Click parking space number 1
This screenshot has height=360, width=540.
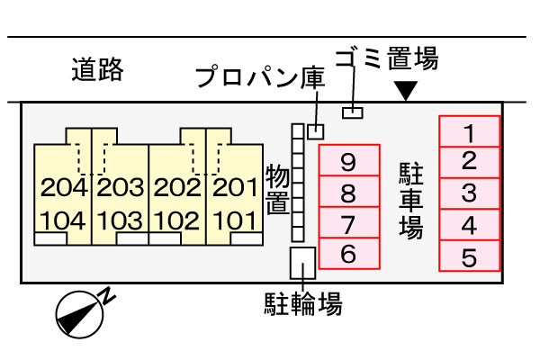(470, 131)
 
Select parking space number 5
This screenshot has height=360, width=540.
(470, 256)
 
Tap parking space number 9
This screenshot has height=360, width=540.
(349, 160)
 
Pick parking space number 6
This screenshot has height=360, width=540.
(349, 253)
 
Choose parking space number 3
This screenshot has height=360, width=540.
(470, 193)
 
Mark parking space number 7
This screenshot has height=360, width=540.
(349, 222)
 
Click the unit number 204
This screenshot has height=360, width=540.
(64, 188)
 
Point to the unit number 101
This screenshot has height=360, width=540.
(236, 220)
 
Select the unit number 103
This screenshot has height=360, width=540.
(120, 220)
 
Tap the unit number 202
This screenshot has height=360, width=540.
(177, 188)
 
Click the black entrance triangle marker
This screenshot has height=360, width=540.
(407, 91)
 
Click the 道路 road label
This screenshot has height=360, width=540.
(97, 69)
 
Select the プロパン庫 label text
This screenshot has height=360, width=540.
(260, 77)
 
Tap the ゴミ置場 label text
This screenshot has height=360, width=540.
(387, 58)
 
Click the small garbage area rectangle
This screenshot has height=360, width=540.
(353, 112)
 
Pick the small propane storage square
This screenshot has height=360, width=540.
(316, 131)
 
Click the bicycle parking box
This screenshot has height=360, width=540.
(302, 263)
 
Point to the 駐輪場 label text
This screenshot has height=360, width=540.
(303, 303)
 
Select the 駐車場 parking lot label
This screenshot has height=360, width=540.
(411, 201)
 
